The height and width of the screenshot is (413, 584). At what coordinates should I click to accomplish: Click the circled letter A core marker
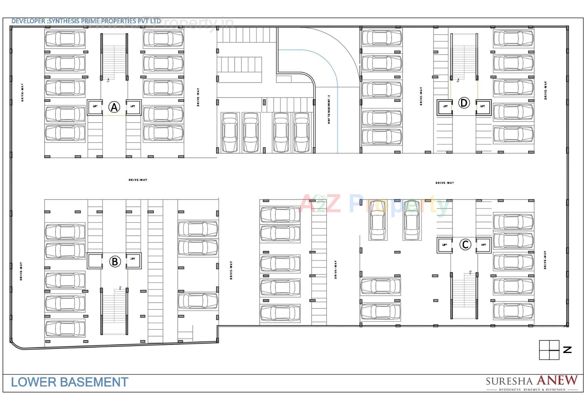point(114,107)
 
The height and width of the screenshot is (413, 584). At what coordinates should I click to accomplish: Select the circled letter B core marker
point(115,261)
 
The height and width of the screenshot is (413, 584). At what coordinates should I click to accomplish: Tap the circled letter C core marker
point(465,244)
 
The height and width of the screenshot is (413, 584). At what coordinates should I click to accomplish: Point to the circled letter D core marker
point(464,103)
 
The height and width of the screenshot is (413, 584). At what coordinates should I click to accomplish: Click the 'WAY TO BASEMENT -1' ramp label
point(329,109)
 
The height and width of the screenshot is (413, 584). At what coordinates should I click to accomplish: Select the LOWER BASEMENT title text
point(70,382)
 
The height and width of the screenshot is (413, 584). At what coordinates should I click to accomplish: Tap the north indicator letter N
point(567,350)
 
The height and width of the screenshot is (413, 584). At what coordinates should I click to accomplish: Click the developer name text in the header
point(86,21)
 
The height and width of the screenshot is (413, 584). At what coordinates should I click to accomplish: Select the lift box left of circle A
point(95,107)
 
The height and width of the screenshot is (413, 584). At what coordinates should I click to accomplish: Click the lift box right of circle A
point(133,107)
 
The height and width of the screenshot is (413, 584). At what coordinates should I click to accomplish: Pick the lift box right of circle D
point(483,107)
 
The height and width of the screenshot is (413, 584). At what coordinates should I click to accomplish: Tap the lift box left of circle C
point(445,245)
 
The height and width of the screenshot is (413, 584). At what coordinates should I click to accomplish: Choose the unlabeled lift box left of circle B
point(95,261)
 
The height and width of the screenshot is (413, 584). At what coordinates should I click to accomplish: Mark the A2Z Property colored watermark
point(374,204)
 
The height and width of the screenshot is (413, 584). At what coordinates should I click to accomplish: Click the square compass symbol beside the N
point(549,350)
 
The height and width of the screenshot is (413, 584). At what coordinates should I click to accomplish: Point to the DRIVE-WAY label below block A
point(138,180)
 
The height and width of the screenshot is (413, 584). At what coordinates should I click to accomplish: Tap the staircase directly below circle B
point(114,310)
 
